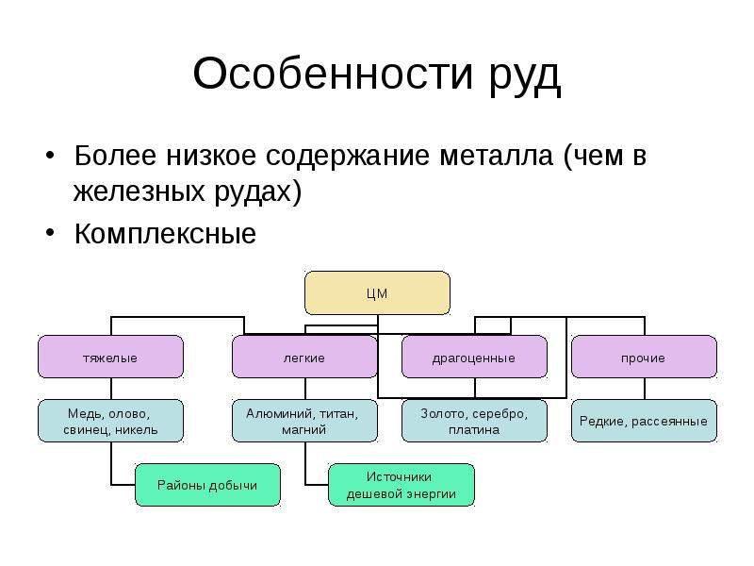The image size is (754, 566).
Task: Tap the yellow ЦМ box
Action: click(x=376, y=292)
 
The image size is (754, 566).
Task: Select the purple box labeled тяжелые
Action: click(x=110, y=358)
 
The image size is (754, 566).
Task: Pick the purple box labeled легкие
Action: click(x=304, y=358)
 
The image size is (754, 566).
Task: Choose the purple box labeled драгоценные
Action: click(x=474, y=358)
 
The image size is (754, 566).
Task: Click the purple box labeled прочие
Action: click(x=644, y=358)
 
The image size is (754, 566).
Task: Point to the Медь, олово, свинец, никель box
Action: click(x=110, y=421)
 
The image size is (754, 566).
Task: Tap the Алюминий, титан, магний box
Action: click(x=304, y=421)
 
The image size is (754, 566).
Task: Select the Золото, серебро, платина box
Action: click(x=474, y=421)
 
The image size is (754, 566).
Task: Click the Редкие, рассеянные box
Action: click(x=644, y=421)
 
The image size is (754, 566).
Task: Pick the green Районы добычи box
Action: click(x=208, y=485)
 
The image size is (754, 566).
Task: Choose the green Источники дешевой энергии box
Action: click(x=402, y=485)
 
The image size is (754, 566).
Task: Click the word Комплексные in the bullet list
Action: click(x=166, y=233)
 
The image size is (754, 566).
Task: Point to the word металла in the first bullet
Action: click(x=496, y=156)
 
